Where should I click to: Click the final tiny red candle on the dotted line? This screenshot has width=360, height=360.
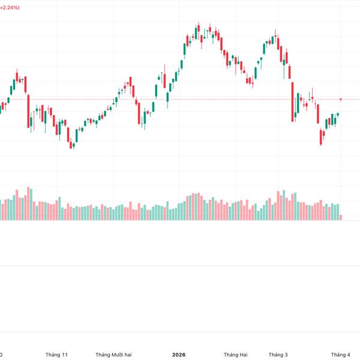point(341,99)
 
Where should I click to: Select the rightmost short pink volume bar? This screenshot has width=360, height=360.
point(341,216)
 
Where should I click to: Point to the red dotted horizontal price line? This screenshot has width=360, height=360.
point(180,99)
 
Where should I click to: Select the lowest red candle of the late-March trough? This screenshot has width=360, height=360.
point(320,138)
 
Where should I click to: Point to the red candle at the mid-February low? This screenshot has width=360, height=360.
point(250,81)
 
